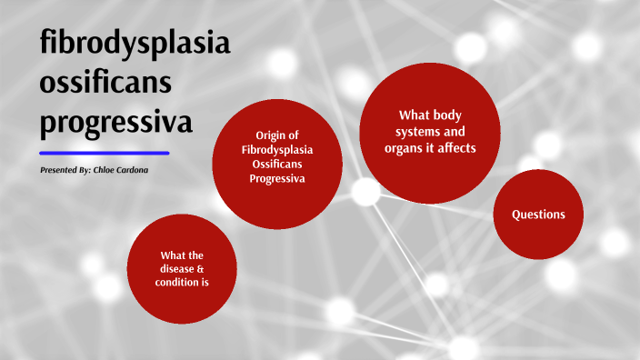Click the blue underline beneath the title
105,153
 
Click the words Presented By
65,170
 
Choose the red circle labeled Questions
538,215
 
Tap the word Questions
538,215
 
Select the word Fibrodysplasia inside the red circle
277,149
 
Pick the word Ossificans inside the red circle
277,164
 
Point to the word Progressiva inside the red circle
277,178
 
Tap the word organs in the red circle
415,147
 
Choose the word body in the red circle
445,115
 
